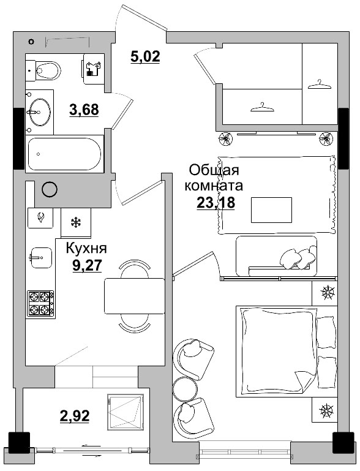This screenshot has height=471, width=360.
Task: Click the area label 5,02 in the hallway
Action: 145,56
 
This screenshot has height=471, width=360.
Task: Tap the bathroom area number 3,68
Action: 84,110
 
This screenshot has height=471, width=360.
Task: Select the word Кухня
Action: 86,248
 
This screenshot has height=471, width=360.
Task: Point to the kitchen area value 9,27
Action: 88,265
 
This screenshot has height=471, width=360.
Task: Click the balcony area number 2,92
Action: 75,416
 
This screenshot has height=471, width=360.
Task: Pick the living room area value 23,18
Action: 216,203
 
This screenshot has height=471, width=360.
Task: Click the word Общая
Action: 214,171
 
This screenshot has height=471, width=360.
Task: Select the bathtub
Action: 64,154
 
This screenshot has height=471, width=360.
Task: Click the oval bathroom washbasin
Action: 40,111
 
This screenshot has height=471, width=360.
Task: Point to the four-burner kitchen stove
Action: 41,303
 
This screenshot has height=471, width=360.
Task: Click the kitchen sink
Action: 41,257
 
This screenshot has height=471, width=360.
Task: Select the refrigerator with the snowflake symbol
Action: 76,223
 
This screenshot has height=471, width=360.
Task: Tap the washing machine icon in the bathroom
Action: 94,69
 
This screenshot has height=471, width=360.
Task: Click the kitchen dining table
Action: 135,296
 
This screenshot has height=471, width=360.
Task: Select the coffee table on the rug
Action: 271,210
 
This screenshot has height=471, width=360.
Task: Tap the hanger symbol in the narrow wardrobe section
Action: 320,84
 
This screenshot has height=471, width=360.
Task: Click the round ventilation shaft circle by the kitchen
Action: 50,189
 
